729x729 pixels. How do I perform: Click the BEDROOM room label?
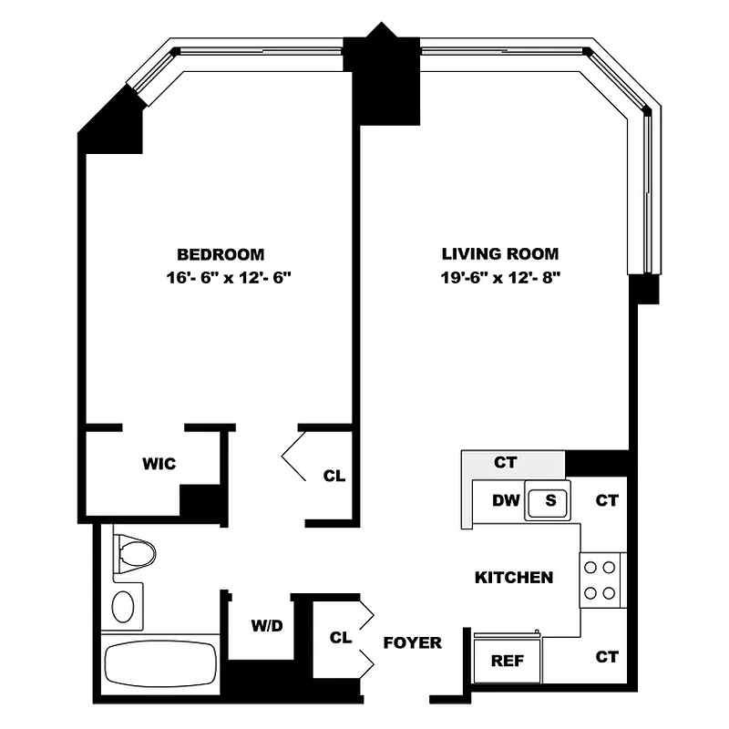(x=221, y=254)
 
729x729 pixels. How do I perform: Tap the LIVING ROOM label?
(x=500, y=254)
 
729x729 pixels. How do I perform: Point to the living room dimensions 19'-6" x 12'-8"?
(x=500, y=279)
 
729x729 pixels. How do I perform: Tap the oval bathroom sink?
(x=122, y=605)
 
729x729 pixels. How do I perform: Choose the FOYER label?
(x=413, y=642)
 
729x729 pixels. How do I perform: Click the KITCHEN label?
(x=513, y=577)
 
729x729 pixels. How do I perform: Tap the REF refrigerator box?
(x=507, y=661)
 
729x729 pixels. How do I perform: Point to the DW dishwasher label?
(x=505, y=499)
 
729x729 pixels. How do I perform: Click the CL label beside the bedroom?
(x=334, y=476)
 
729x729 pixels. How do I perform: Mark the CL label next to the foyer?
(x=341, y=638)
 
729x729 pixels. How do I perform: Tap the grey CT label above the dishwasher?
(x=505, y=463)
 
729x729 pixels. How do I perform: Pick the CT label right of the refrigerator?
(x=607, y=656)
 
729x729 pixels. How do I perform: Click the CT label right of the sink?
(x=607, y=499)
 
